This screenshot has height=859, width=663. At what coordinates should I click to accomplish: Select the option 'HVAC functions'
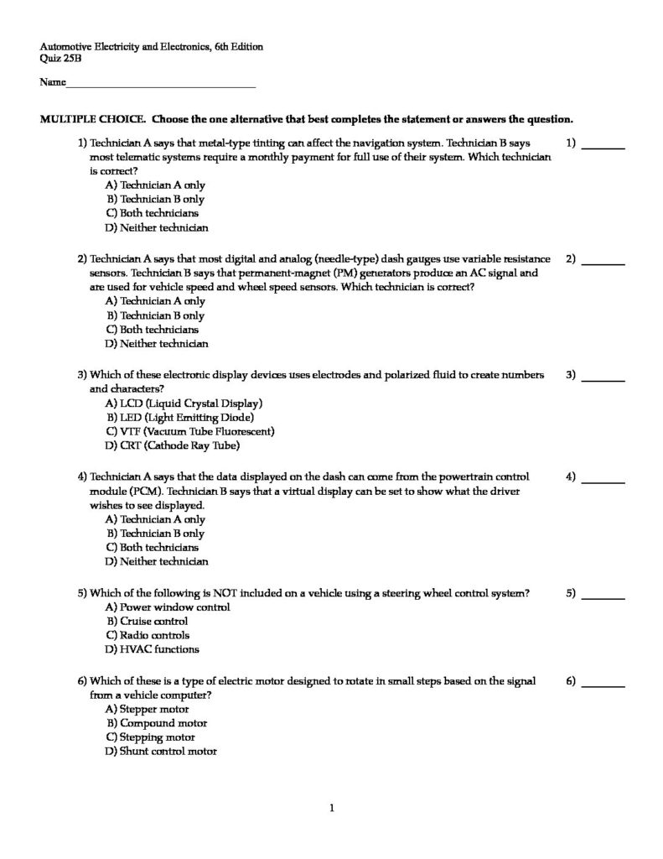coord(159,649)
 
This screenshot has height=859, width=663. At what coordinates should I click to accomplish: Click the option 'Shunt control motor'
coord(168,752)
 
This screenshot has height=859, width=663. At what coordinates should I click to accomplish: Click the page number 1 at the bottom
coord(332,809)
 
